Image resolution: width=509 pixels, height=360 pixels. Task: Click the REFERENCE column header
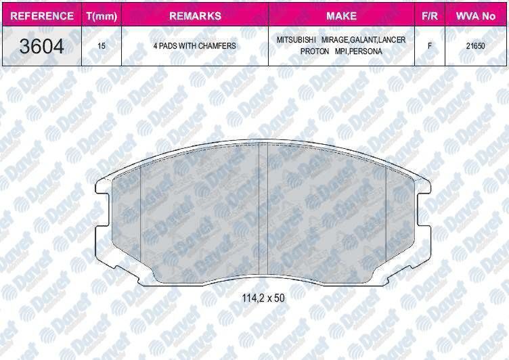42,16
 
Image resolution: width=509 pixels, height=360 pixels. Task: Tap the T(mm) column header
102,16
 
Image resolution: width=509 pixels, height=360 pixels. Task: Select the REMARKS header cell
195,16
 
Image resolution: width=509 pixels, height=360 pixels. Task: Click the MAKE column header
342,16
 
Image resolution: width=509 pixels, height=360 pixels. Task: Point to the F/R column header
429,16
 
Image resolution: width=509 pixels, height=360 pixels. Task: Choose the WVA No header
476,16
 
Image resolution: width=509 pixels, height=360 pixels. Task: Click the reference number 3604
41,46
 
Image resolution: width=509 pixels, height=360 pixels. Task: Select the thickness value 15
102,46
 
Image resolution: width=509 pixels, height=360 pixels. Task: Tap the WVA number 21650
476,46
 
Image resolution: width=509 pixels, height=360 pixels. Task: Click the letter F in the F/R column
430,46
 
